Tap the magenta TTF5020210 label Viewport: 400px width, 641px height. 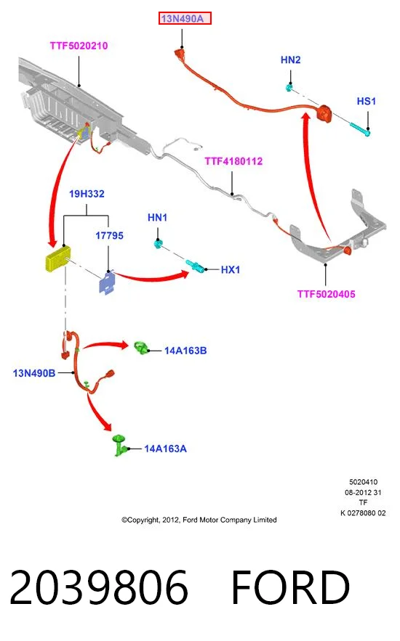coord(79,46)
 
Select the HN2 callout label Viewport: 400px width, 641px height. coord(291,60)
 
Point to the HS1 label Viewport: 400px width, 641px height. coord(367,101)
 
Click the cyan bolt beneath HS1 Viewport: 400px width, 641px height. coord(360,128)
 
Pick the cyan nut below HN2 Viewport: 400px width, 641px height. coord(289,88)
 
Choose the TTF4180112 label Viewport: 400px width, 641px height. coord(233,161)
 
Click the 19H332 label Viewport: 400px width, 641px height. coord(87,194)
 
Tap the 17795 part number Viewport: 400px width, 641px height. coord(109,235)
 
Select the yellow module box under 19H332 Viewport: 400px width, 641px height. coord(57,258)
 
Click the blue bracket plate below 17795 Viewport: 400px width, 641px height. coord(107,282)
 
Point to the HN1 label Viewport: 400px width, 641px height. coord(158,218)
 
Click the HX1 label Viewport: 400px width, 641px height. coord(231,270)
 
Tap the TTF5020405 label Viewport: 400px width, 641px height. coord(327,294)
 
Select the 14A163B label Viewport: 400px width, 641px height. coord(185,351)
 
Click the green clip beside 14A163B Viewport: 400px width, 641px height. coord(141,348)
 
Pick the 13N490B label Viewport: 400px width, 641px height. coord(34,373)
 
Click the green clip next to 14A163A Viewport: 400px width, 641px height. coord(119,445)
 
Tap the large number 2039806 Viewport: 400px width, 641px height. coord(99,587)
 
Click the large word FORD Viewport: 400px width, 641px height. coord(291,587)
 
